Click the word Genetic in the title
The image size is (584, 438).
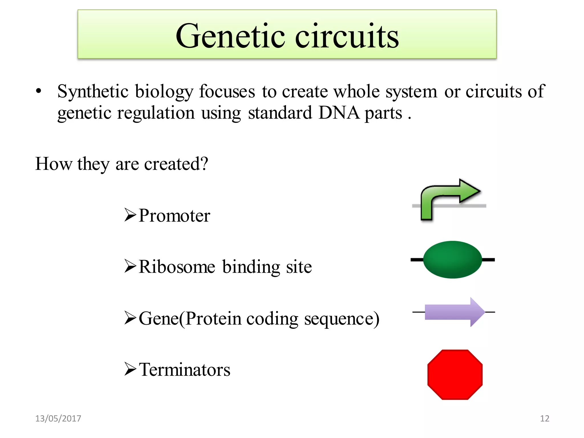click(x=230, y=36)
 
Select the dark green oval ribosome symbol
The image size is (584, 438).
click(x=453, y=259)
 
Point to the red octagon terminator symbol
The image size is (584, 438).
click(x=455, y=374)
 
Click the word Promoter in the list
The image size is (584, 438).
click(x=174, y=216)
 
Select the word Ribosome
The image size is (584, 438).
click(x=177, y=267)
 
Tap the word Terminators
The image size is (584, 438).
click(x=184, y=370)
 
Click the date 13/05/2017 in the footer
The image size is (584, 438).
click(x=58, y=418)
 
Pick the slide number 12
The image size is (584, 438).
click(x=544, y=418)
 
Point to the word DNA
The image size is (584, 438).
click(x=339, y=113)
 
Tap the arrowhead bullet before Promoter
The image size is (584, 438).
click(x=130, y=215)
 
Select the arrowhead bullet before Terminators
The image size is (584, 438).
click(x=130, y=369)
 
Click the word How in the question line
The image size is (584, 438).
click(x=54, y=164)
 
